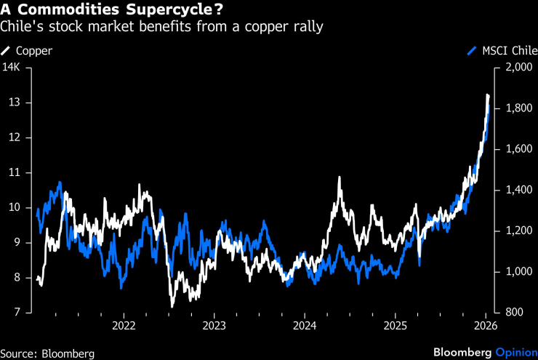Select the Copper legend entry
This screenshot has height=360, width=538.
pos(28,51)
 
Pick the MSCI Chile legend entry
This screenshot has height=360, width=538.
pos(502,51)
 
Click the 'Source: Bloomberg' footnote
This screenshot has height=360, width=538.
pos(47,353)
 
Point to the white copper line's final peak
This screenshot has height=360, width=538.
pos(488,95)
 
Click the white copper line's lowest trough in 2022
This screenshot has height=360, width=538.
pos(172,305)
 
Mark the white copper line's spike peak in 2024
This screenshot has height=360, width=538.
pos(340,177)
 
